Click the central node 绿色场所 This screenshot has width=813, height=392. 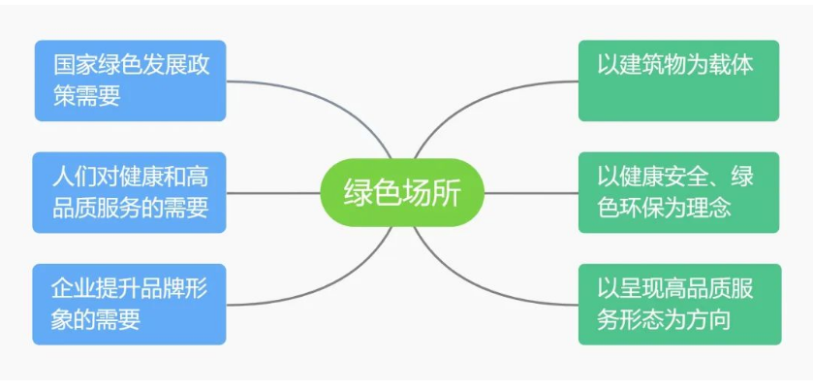[401, 192]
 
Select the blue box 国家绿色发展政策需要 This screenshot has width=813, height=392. [130, 81]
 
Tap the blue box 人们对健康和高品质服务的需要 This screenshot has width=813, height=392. [130, 192]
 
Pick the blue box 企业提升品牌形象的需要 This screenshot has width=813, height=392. [130, 304]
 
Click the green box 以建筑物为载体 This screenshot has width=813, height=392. [678, 81]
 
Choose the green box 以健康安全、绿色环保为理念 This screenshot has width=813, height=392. [678, 192]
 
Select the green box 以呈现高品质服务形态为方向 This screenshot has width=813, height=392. [678, 304]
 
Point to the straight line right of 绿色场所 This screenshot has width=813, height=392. [530, 192]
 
